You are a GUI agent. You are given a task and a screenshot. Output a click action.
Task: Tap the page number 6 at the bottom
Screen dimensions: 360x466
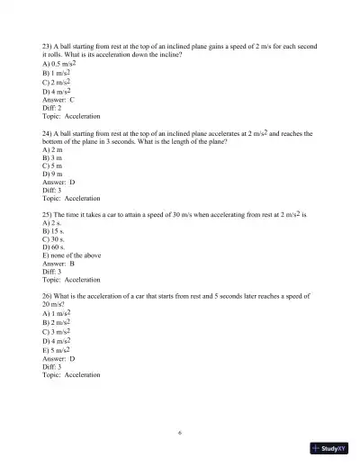(x=180, y=433)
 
